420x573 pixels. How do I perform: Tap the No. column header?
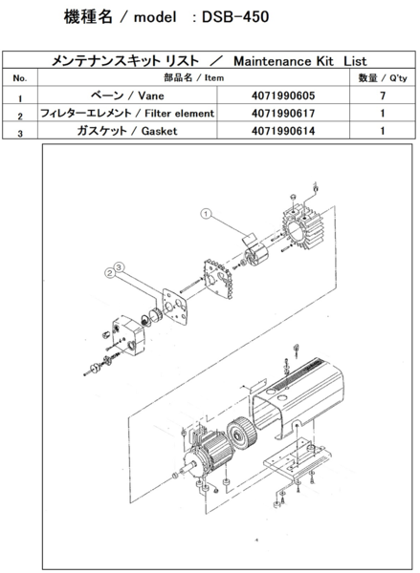20,77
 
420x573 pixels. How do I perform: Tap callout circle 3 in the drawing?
120,265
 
